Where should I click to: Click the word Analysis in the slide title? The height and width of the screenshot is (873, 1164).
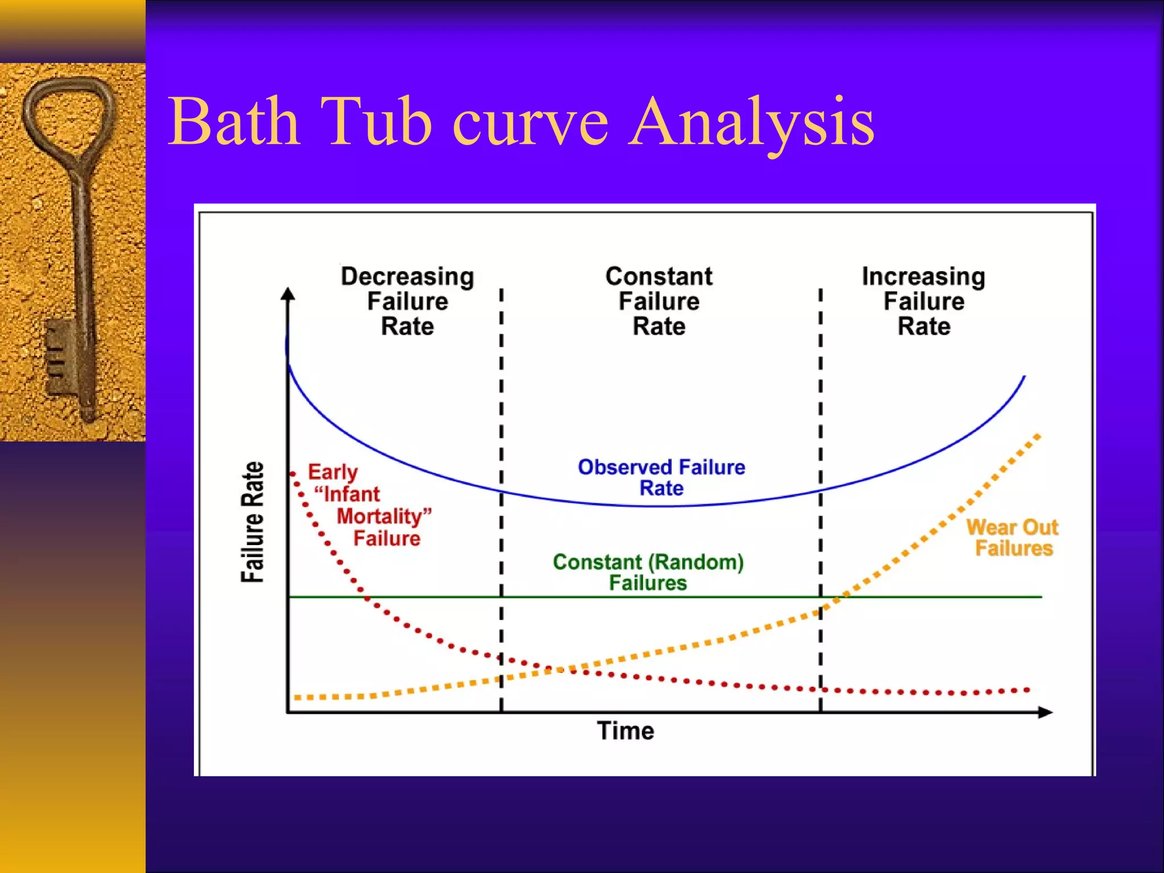pos(751,122)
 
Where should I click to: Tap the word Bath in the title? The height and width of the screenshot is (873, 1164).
pos(234,121)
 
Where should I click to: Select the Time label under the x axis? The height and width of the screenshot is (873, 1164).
pos(625,731)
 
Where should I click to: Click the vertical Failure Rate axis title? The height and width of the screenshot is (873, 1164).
pos(253,522)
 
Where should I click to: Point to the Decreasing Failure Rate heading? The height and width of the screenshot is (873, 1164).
pos(407,301)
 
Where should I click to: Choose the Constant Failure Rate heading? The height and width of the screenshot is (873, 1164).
pos(659,301)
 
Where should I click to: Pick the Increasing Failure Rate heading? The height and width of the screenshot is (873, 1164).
pos(924,301)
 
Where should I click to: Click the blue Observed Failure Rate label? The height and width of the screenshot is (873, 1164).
pos(661,477)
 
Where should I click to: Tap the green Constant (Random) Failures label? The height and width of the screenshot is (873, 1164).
pos(648,572)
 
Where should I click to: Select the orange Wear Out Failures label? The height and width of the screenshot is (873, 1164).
pos(1013,538)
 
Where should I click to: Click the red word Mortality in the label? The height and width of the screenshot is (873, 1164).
pos(380,516)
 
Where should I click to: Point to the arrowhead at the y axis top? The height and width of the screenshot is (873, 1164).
pos(288,294)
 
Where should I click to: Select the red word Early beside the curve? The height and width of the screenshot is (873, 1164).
pos(333,472)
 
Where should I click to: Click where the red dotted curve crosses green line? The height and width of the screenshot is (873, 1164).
pos(366,597)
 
